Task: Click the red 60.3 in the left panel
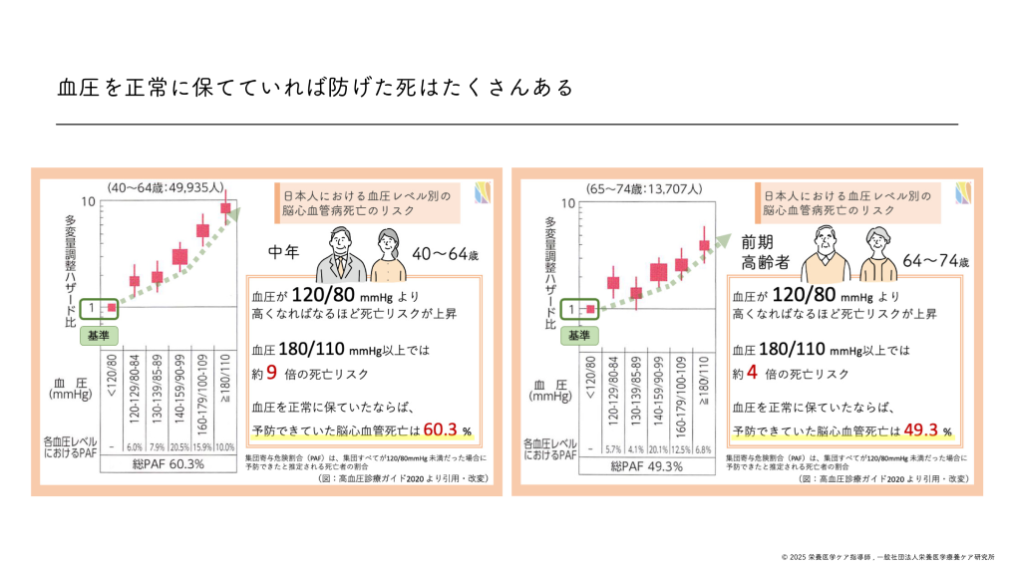pos(439,430)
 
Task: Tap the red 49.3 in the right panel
pos(919,430)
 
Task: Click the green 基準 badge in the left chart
pos(101,336)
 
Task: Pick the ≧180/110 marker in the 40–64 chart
pos(226,208)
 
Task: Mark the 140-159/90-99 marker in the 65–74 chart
pos(659,271)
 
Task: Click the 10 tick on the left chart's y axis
pos(89,202)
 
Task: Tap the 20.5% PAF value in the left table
pos(179,446)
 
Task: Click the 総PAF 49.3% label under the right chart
pos(646,465)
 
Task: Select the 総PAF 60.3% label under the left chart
pos(168,465)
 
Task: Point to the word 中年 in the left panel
pos(286,253)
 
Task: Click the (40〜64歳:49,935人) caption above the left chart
pos(168,187)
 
